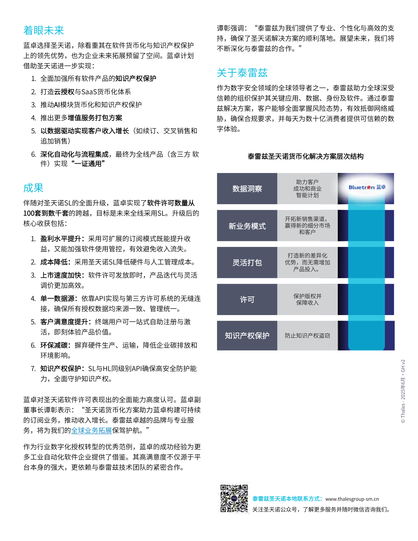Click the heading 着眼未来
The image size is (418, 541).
coord(44,30)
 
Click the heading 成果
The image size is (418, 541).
coord(33,188)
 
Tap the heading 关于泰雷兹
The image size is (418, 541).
coord(242,73)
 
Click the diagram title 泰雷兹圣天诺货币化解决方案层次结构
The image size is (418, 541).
coord(305,156)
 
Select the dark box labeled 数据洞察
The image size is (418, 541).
coord(247,189)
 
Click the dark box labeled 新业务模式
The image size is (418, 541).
coord(247,226)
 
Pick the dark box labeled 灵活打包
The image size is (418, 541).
coord(247,263)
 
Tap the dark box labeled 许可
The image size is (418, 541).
coord(247,299)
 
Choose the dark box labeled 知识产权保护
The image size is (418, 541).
coord(247,336)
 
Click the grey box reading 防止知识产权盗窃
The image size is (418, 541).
coord(307,336)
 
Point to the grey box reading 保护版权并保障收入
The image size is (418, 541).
coord(307,299)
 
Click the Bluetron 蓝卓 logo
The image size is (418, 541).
coord(367,187)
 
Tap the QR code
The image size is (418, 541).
coord(234,498)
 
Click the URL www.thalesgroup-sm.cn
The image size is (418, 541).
coord(352,499)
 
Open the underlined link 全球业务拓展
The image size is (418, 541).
coord(91,430)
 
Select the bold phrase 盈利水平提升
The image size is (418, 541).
coord(60,239)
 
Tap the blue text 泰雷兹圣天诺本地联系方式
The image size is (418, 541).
coord(286,499)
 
